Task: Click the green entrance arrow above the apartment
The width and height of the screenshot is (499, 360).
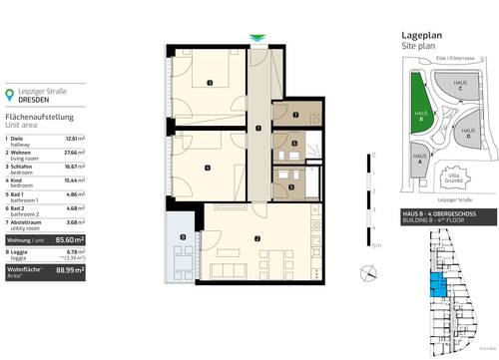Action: [x=257, y=39]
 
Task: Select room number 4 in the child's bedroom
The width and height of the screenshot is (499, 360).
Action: [x=207, y=167]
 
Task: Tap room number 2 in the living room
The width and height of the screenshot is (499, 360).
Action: [x=257, y=238]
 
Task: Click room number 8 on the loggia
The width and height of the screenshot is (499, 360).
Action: [x=183, y=236]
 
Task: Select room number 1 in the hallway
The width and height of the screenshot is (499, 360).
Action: [x=257, y=129]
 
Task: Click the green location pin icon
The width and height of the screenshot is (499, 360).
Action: [x=11, y=96]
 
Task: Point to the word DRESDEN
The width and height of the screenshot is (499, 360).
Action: [x=39, y=100]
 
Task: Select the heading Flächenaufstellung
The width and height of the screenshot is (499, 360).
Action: [x=36, y=119]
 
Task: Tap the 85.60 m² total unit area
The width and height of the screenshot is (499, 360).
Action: [x=69, y=240]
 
